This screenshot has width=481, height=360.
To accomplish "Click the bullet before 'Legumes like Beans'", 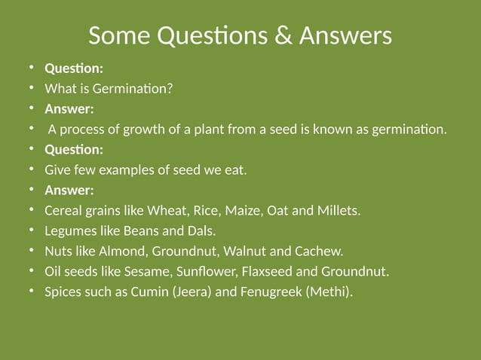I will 32,230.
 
